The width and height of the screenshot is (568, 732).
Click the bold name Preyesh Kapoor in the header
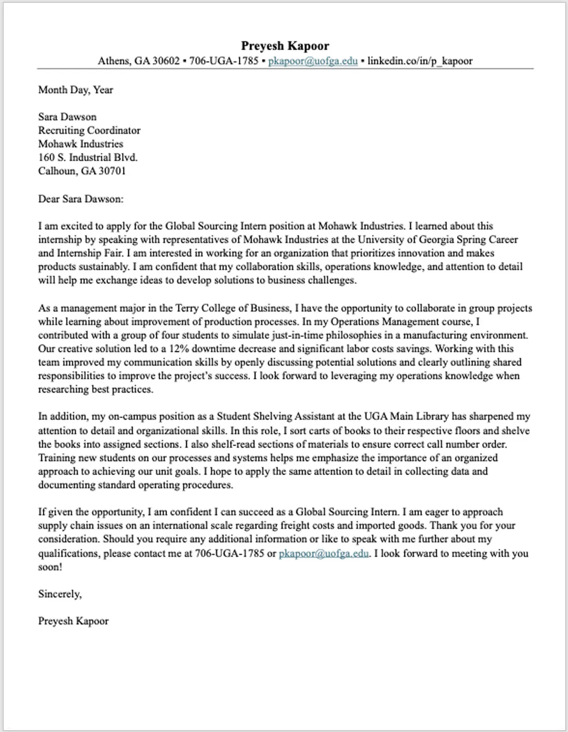pos(285,46)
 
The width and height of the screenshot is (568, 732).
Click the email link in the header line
pos(313,61)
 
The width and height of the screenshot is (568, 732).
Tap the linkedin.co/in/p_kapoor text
pos(420,61)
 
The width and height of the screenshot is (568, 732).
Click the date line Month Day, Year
pos(75,90)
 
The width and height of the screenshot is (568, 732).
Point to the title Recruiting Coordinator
pos(89,130)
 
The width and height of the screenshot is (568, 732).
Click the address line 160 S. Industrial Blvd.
pos(87,157)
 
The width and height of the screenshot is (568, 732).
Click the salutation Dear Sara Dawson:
pos(81,199)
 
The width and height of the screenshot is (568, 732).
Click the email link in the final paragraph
pos(323,553)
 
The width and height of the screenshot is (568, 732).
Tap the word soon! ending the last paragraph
pos(50,567)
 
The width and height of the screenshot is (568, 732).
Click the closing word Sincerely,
pos(60,594)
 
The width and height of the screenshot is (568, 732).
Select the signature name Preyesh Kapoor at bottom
pos(73,621)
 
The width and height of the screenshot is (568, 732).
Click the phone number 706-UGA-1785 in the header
pos(224,61)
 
